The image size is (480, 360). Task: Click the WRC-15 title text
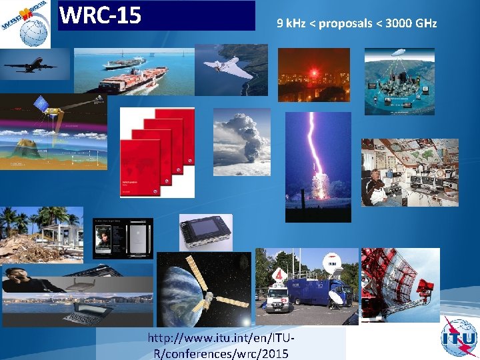[101, 15]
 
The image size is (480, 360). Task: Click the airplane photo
[33, 65]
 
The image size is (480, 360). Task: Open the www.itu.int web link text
[221, 346]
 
